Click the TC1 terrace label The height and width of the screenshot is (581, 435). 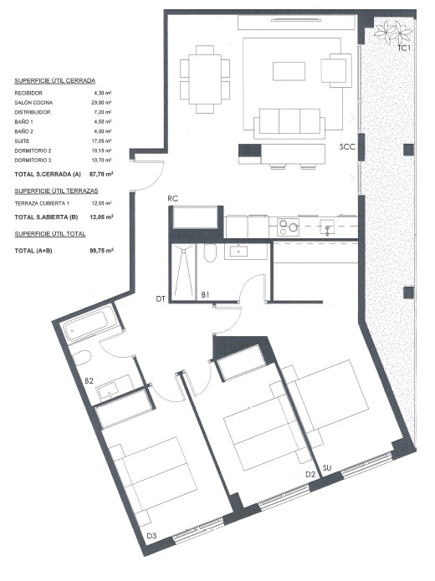coord(404,48)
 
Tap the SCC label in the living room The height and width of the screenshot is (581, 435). coord(347,147)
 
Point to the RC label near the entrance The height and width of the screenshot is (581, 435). coord(173,199)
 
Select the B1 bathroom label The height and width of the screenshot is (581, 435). coord(205,294)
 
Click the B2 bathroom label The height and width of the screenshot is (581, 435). coord(89,380)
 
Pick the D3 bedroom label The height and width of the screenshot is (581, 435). coord(151,536)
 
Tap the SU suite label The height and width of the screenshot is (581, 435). coord(327,468)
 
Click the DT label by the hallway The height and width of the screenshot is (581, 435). coord(161,298)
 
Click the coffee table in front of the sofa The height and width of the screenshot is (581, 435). coord(289,71)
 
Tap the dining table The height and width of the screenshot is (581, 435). coord(205,79)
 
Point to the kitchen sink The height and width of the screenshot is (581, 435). coord(327,227)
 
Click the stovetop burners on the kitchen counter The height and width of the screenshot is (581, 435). coord(289,227)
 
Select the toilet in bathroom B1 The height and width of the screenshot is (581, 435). coord(210,252)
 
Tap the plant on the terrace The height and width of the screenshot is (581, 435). coord(392,31)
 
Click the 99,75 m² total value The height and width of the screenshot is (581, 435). coord(101,251)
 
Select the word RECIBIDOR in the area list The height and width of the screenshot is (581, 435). coord(28,93)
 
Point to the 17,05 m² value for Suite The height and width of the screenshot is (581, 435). coord(101,140)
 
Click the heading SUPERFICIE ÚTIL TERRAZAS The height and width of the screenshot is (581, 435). coord(56,191)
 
